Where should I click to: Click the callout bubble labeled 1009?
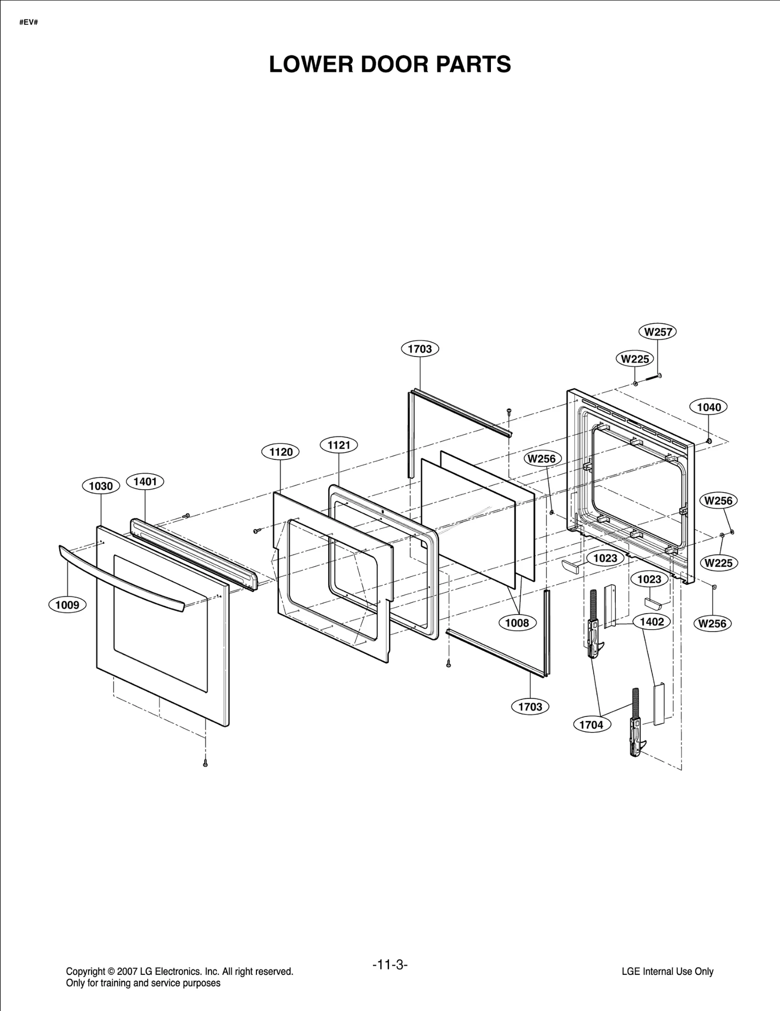(67, 605)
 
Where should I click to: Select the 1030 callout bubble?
(101, 486)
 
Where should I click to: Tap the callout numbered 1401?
(145, 482)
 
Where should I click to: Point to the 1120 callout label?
(281, 452)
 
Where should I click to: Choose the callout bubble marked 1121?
(339, 445)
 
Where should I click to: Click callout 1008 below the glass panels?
(517, 623)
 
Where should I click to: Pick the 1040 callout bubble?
(709, 407)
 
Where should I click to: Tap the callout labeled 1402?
(652, 622)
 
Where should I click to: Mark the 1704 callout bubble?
(591, 725)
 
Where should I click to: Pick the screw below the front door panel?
(205, 764)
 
